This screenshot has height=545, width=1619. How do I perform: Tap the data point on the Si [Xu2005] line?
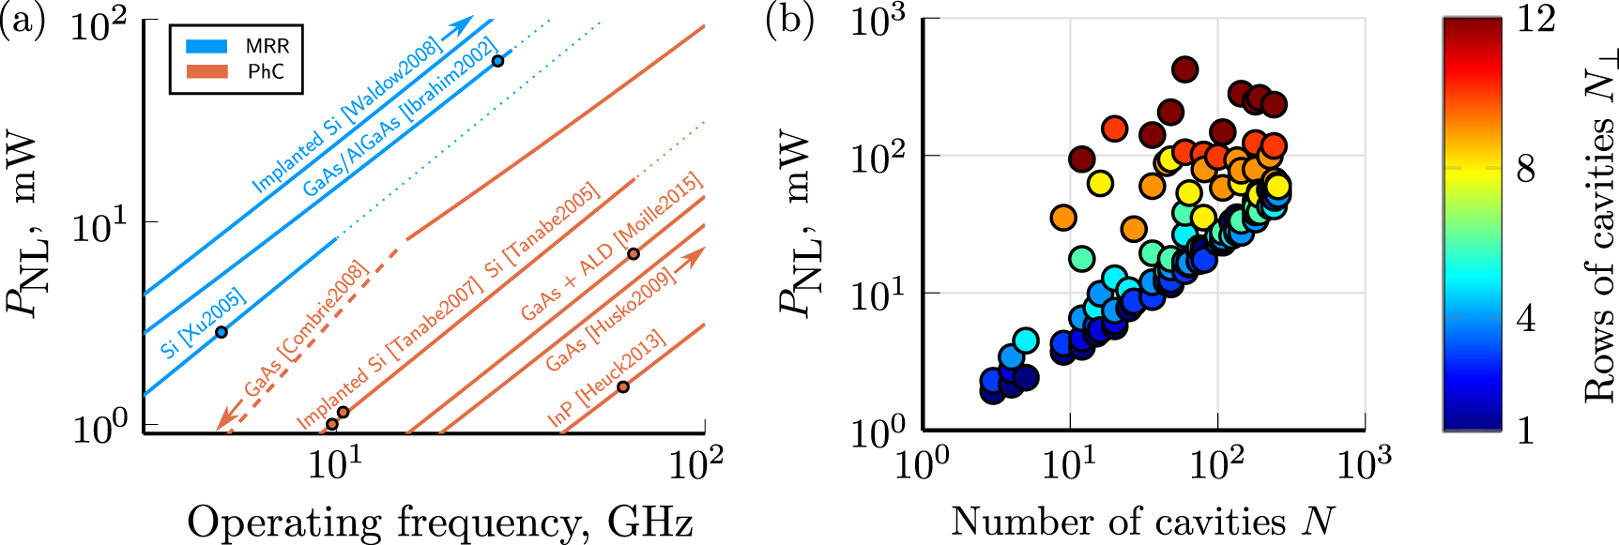tap(221, 332)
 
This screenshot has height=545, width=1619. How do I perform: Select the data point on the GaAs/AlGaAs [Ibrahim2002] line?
tap(498, 61)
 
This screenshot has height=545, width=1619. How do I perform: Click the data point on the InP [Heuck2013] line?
tap(622, 386)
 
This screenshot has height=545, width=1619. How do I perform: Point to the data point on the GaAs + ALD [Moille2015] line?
tap(634, 254)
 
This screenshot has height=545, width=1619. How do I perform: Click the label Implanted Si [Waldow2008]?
tap(346, 114)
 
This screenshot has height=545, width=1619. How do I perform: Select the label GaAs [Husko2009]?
tap(610, 319)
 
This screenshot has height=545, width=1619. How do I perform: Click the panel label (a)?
tap(23, 21)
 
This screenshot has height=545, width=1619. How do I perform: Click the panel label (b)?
tap(789, 21)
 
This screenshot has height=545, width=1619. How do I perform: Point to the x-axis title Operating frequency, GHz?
tap(439, 522)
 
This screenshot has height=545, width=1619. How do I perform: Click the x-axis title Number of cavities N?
tap(1142, 522)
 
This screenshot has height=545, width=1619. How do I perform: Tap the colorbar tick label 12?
tap(1535, 19)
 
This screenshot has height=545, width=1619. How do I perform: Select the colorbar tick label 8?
tap(1526, 169)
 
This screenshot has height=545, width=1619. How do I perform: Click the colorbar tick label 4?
tap(1526, 319)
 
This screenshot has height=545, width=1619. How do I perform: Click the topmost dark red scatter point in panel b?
tap(1184, 68)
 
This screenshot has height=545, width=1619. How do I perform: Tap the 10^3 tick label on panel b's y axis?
tap(877, 21)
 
